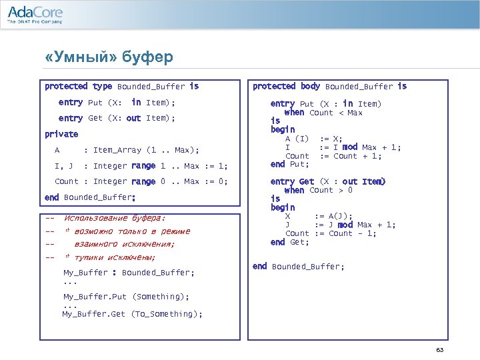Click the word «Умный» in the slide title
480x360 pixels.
(79, 57)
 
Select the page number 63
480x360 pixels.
(439, 351)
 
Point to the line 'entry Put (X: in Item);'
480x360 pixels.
(117, 103)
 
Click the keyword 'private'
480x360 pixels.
(61, 134)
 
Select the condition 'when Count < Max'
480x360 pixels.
(323, 113)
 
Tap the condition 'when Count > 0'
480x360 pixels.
(319, 191)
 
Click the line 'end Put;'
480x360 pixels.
(290, 164)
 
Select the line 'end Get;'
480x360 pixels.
(290, 242)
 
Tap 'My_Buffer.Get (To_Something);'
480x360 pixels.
(132, 314)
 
